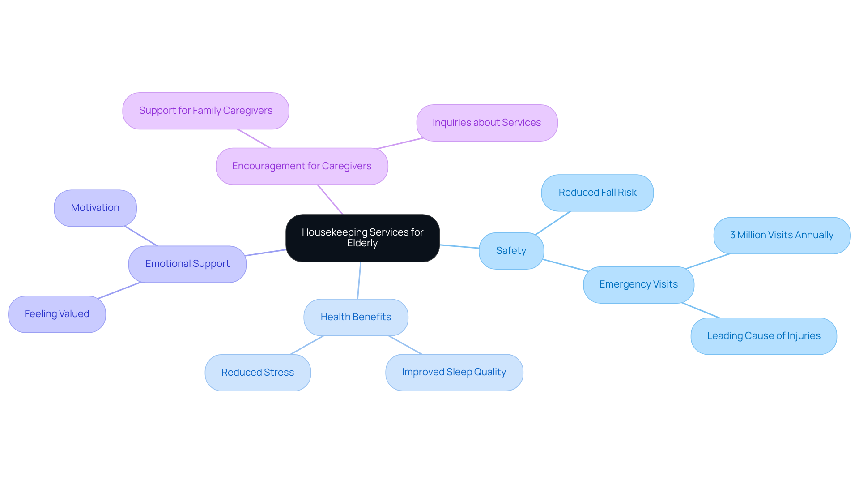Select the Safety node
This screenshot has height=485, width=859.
pyautogui.click(x=511, y=251)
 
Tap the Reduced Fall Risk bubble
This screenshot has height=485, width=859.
pyautogui.click(x=597, y=193)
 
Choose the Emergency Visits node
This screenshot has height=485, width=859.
pyautogui.click(x=638, y=284)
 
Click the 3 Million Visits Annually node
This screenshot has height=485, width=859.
pyautogui.click(x=782, y=235)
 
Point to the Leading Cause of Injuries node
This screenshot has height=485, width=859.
pyautogui.click(x=763, y=336)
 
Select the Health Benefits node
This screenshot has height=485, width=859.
pyautogui.click(x=356, y=317)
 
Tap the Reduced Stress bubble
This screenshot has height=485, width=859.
pyautogui.click(x=258, y=373)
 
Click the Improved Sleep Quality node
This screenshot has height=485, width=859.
pyautogui.click(x=454, y=372)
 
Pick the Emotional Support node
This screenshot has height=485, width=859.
pyautogui.click(x=187, y=264)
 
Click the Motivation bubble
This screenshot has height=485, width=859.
pyautogui.click(x=95, y=208)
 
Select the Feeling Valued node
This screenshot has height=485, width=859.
pyautogui.click(x=57, y=314)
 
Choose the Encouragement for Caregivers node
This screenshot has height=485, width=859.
pyautogui.click(x=302, y=166)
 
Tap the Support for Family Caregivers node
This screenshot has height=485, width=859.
pyautogui.click(x=205, y=111)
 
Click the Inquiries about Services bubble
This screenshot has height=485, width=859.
pyautogui.click(x=486, y=123)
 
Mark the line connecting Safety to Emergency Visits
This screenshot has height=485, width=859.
pyautogui.click(x=565, y=265)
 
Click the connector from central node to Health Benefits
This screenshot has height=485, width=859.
pyautogui.click(x=359, y=281)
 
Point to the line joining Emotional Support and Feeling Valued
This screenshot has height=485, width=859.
pyautogui.click(x=120, y=290)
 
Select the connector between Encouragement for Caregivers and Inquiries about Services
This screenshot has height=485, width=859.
pyautogui.click(x=400, y=143)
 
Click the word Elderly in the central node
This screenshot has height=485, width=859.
pyautogui.click(x=362, y=243)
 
